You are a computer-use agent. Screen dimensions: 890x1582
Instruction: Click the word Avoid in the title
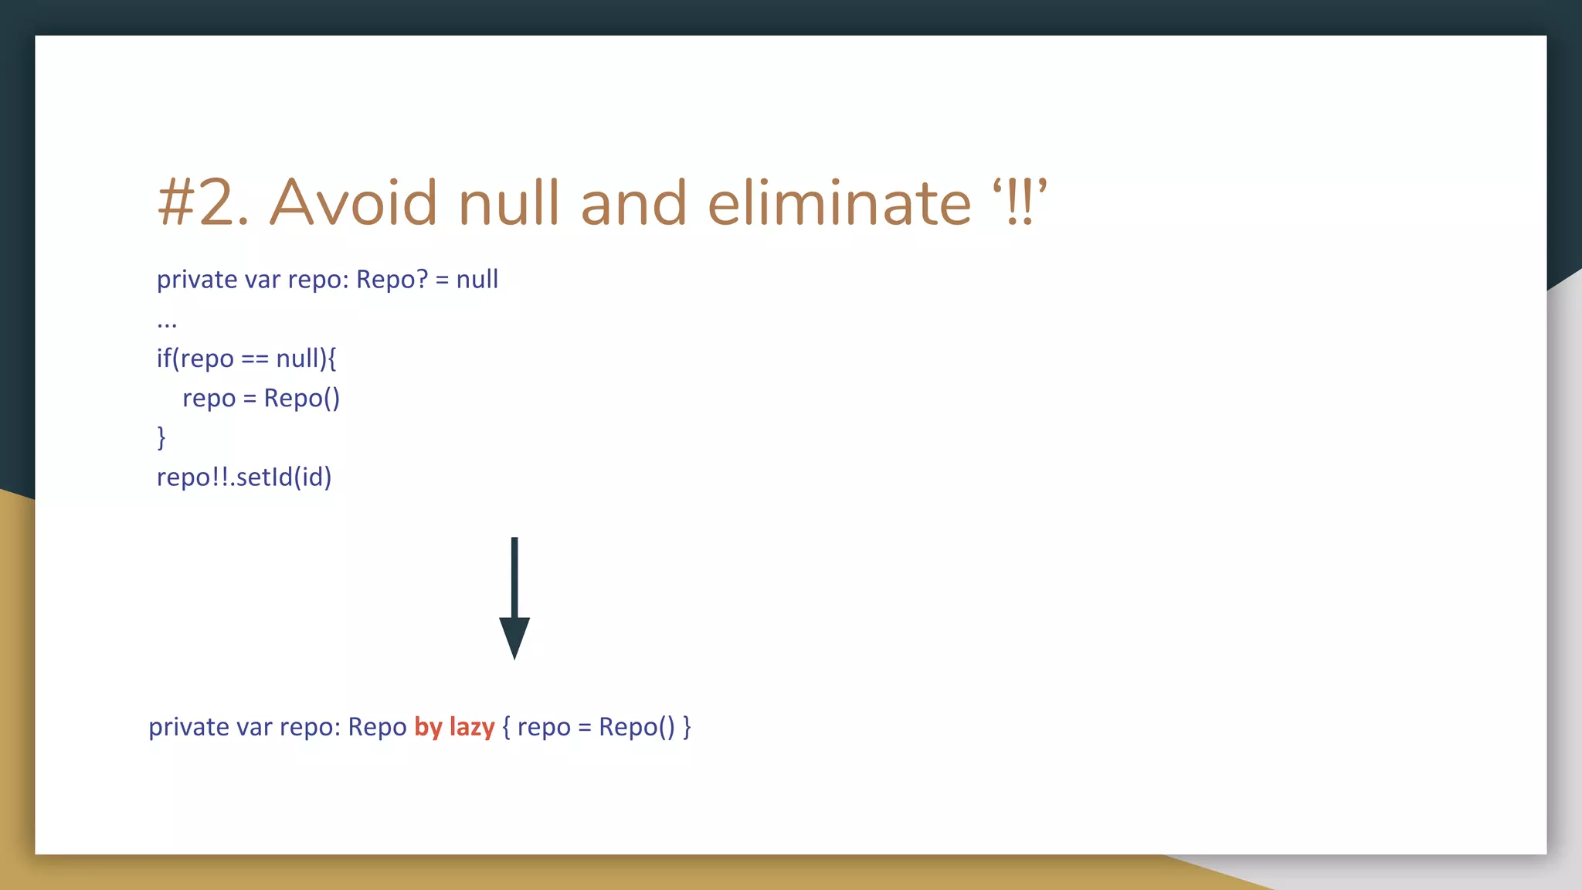353,202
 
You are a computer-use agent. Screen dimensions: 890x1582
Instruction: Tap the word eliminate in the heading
839,202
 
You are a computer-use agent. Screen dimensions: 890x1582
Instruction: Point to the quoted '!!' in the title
1020,202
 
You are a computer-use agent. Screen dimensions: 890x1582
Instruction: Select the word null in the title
508,202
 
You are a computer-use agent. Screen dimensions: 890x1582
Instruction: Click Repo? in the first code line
392,280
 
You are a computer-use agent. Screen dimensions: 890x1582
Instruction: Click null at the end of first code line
477,280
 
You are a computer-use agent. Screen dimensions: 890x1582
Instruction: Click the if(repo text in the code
195,359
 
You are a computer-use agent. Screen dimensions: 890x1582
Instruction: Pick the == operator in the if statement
254,359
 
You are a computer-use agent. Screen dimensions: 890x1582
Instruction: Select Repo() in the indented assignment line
301,399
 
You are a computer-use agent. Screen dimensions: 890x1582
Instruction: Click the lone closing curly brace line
161,437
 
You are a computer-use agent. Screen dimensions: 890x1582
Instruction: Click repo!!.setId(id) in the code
244,477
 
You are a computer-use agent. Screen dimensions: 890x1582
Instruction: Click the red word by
428,728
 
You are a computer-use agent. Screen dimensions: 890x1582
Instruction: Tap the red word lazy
471,728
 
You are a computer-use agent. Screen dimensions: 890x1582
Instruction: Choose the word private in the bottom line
188,728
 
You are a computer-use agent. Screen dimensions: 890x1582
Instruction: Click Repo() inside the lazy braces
637,728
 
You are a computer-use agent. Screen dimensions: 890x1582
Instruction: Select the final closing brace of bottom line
687,728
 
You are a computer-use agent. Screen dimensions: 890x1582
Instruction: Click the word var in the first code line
262,280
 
